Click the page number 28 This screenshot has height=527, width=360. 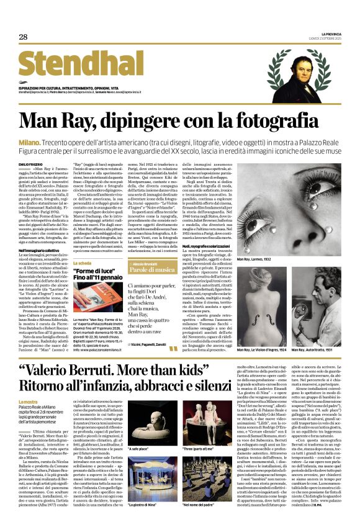24,37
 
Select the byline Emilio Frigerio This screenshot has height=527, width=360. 32,163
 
